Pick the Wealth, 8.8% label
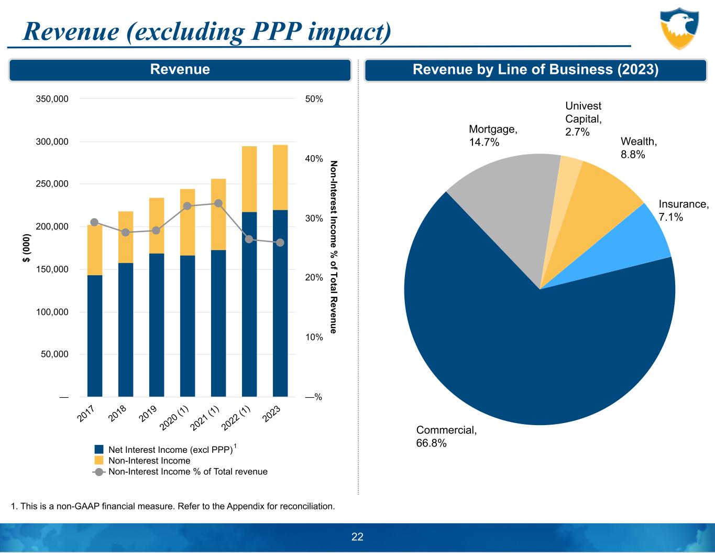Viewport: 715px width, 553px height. click(638, 147)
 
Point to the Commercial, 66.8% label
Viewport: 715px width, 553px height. click(446, 436)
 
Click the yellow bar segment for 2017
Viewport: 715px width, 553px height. click(95, 250)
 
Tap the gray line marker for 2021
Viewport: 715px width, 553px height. click(218, 203)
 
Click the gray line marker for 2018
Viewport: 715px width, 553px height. click(126, 232)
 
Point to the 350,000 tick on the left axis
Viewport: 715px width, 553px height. click(52, 99)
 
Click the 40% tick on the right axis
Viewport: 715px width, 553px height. click(314, 159)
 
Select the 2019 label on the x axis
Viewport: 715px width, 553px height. click(148, 414)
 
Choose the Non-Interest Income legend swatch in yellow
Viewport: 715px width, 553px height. click(99, 461)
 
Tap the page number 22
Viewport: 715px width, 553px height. click(357, 537)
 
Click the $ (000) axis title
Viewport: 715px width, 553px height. click(27, 248)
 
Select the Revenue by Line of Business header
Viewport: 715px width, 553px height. click(535, 70)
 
